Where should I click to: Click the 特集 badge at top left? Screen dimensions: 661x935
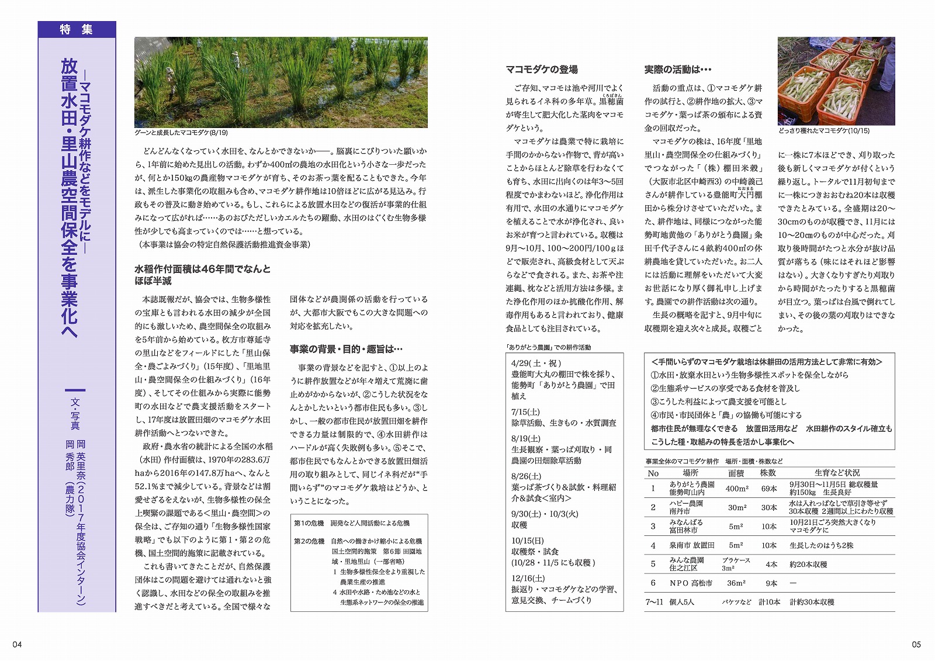pyautogui.click(x=77, y=29)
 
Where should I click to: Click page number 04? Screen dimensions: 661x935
pyautogui.click(x=17, y=644)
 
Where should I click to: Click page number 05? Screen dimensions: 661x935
pyautogui.click(x=916, y=644)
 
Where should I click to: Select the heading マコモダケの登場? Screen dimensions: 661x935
pyautogui.click(x=541, y=70)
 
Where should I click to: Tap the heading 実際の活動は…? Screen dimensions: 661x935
pyautogui.click(x=678, y=70)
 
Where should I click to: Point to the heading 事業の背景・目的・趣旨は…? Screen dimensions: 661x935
pyautogui.click(x=346, y=349)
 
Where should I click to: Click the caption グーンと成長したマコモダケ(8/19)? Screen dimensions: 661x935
pyautogui.click(x=181, y=133)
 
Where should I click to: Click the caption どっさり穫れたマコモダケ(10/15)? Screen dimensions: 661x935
pyautogui.click(x=823, y=131)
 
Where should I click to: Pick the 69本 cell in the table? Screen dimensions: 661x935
pyautogui.click(x=769, y=489)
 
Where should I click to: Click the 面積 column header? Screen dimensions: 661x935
pyautogui.click(x=736, y=473)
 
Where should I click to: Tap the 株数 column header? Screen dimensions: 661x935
pyautogui.click(x=768, y=473)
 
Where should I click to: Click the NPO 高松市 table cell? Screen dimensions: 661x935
pyautogui.click(x=691, y=583)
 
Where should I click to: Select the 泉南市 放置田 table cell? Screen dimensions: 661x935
pyautogui.click(x=692, y=545)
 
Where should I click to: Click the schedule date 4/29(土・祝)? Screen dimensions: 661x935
pyautogui.click(x=536, y=363)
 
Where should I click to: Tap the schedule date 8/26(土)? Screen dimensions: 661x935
pyautogui.click(x=526, y=476)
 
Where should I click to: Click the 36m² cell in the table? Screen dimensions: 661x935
pyautogui.click(x=736, y=583)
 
